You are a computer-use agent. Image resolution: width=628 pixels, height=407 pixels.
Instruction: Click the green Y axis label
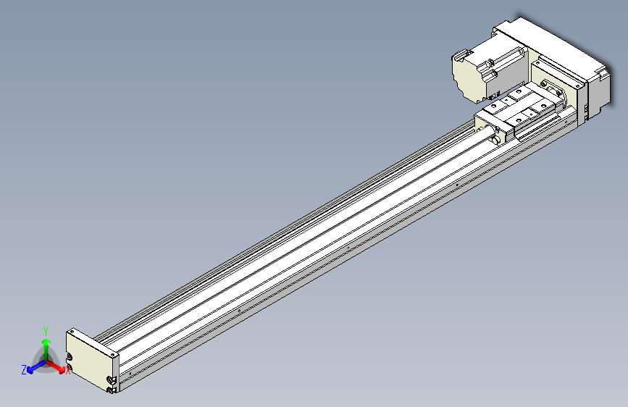[46, 330]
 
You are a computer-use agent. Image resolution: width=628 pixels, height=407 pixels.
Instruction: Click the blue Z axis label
[24, 370]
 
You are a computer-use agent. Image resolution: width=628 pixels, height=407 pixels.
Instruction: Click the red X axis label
[68, 372]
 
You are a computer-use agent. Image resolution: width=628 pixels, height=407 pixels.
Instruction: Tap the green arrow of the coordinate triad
[46, 344]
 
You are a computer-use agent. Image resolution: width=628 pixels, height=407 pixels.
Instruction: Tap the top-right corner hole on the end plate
[114, 356]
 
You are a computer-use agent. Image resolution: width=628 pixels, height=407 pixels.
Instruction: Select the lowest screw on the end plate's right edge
[110, 391]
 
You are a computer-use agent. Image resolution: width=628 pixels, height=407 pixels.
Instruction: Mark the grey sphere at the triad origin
[46, 361]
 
